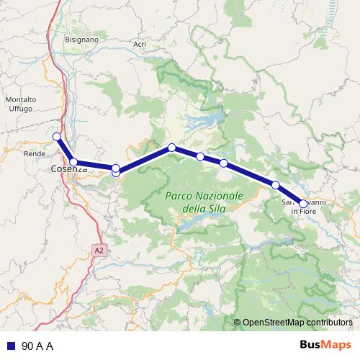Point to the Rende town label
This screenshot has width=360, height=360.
click(34, 153)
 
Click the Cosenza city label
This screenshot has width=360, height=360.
click(69, 169)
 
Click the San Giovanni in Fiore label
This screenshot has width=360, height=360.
click(305, 207)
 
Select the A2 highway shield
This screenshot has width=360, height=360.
click(99, 249)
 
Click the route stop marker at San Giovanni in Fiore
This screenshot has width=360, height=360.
click(303, 204)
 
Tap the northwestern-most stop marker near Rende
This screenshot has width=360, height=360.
click(57, 136)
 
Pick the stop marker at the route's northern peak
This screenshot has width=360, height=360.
click(172, 148)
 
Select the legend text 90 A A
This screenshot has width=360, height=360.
click(37, 346)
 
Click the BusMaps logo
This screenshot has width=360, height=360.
click(327, 345)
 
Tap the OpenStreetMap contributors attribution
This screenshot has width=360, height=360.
click(297, 323)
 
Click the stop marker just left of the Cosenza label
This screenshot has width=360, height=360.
click(73, 162)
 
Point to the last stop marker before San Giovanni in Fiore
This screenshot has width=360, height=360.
click(276, 185)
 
